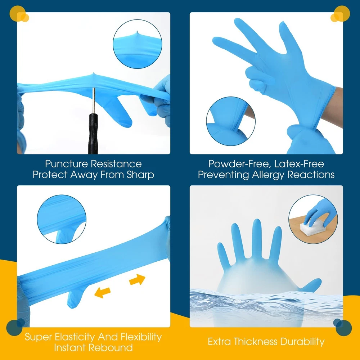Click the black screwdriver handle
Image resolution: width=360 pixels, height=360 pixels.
(93, 133)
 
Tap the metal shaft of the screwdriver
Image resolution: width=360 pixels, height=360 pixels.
(94, 100)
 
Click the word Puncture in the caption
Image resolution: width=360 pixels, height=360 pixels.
(66, 164)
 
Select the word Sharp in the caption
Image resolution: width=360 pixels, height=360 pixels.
(140, 175)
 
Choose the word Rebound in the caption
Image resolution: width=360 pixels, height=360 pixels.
(113, 348)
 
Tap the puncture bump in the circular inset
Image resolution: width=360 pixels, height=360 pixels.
(137, 34)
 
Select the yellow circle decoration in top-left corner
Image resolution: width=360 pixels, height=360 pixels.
(18, 14)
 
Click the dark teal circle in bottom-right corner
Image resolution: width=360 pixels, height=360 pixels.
(344, 328)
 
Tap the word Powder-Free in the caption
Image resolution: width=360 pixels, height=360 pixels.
(239, 164)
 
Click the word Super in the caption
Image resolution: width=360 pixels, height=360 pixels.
(39, 337)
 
